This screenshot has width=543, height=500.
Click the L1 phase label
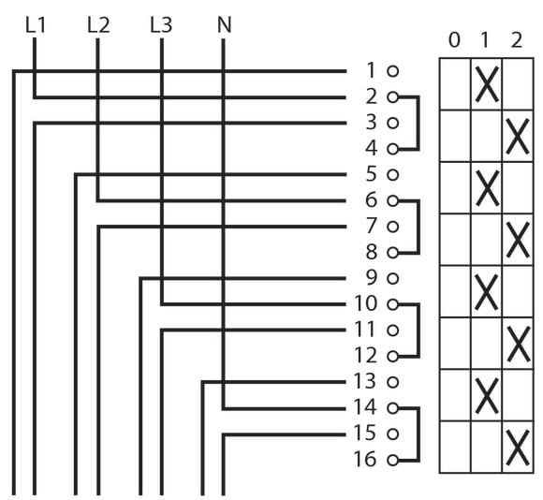[x=36, y=25]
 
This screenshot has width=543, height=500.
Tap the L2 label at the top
[x=98, y=25]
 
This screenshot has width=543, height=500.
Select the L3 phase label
[x=161, y=25]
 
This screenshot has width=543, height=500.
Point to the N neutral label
[x=224, y=25]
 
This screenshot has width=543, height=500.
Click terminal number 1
[x=371, y=70]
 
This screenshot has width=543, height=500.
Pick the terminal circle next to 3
[x=392, y=123]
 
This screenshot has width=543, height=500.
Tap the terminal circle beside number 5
[x=392, y=174]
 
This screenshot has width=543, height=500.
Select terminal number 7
[x=372, y=226]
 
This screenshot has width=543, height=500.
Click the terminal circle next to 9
[x=392, y=278]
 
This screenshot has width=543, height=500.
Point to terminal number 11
[x=365, y=330]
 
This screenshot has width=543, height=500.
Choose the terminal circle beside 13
[x=392, y=382]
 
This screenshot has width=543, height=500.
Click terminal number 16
[x=365, y=460]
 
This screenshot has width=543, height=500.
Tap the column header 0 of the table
[x=454, y=40]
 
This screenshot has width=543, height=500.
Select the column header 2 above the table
[x=517, y=40]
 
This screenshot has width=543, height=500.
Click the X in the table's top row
[x=487, y=84]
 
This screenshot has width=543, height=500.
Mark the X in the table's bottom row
[x=518, y=447]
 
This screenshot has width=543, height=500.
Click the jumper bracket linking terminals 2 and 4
[x=418, y=123]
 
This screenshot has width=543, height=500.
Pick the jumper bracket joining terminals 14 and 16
[x=418, y=434]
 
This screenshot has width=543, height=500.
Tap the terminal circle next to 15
[x=392, y=434]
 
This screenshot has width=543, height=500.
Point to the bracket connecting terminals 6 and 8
[x=418, y=227]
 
